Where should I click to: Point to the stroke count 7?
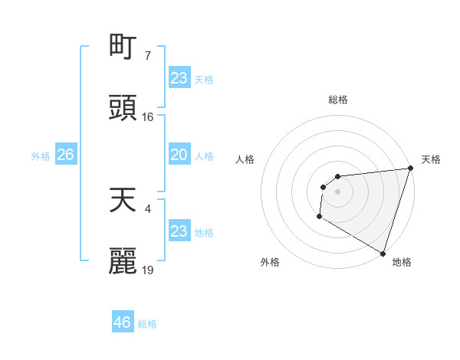pyautogui.click(x=147, y=55)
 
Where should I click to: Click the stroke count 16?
pyautogui.click(x=148, y=117)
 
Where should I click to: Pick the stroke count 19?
pyautogui.click(x=148, y=270)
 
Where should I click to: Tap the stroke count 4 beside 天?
pyautogui.click(x=147, y=208)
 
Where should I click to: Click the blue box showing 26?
pyautogui.click(x=65, y=155)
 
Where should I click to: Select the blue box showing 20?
pyautogui.click(x=179, y=155)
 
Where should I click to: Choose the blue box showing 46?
pyautogui.click(x=122, y=322)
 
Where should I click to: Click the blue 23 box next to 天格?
pyautogui.click(x=179, y=77)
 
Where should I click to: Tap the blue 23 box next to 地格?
pyautogui.click(x=179, y=231)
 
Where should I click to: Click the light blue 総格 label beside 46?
pyautogui.click(x=147, y=324)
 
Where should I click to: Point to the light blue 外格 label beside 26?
pyautogui.click(x=41, y=156)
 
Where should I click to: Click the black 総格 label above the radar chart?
pyautogui.click(x=337, y=100)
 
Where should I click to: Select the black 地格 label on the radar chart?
pyautogui.click(x=402, y=262)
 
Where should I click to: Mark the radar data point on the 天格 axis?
pyautogui.click(x=410, y=169)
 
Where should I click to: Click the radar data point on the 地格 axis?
pyautogui.click(x=383, y=253)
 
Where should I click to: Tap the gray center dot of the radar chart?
pyautogui.click(x=337, y=191)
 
